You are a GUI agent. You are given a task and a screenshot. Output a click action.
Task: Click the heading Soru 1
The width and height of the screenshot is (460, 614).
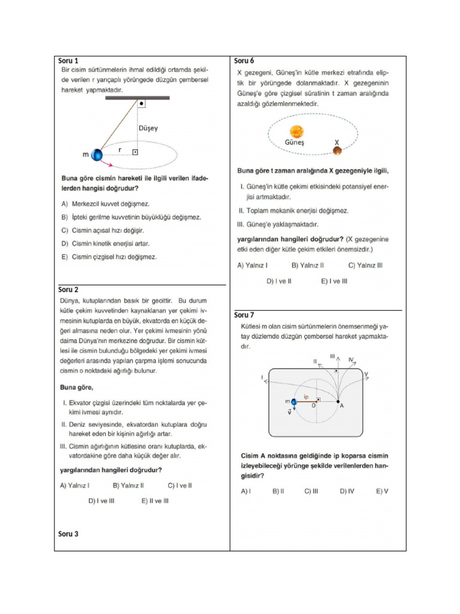click(x=68, y=61)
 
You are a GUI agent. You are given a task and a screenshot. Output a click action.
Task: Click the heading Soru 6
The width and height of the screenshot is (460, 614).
click(x=244, y=61)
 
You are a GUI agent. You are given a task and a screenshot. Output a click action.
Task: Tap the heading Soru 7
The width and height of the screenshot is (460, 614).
click(x=244, y=315)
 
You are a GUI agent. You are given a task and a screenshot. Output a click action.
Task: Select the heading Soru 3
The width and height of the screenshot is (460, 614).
click(x=68, y=534)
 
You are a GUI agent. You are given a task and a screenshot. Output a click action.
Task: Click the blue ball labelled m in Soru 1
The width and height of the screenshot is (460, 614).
click(x=96, y=155)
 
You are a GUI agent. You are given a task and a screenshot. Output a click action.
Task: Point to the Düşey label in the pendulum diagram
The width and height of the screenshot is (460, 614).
click(x=149, y=128)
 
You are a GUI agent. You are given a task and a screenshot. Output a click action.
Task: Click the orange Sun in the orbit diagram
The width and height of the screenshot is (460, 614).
click(x=296, y=131)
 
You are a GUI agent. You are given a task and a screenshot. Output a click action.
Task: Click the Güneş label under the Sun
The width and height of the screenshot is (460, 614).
click(x=294, y=143)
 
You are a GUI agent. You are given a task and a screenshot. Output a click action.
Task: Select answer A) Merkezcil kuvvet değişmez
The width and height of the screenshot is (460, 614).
click(x=105, y=204)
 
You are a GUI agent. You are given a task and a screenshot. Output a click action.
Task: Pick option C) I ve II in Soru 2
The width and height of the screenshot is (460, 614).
click(x=180, y=485)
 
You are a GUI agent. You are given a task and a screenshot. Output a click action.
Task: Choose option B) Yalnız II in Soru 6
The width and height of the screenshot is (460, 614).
click(x=307, y=264)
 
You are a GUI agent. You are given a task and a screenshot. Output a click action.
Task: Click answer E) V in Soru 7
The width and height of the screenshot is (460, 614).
click(x=382, y=491)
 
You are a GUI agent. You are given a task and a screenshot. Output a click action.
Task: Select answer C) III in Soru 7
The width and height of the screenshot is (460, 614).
click(x=311, y=491)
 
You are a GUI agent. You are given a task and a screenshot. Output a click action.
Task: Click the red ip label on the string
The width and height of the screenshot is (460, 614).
click(x=306, y=396)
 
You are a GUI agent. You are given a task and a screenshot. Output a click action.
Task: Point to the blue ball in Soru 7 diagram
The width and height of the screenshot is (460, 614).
click(x=294, y=401)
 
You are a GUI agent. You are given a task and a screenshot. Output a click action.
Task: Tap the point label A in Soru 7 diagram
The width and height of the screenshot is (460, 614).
click(x=342, y=407)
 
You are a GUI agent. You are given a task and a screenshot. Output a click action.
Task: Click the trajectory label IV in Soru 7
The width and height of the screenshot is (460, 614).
click(x=352, y=360)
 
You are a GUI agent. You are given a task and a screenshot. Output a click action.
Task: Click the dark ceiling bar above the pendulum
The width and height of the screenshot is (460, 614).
click(x=137, y=97)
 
